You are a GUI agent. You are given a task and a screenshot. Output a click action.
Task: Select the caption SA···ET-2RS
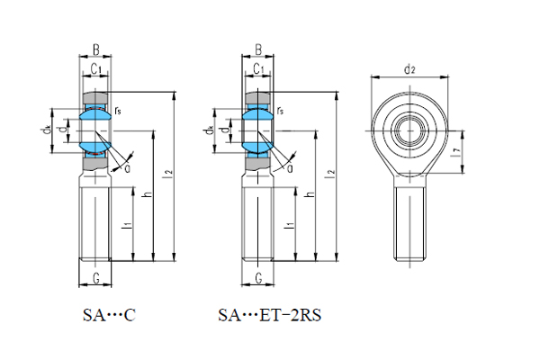point(269,316)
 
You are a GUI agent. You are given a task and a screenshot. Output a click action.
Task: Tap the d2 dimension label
point(409,69)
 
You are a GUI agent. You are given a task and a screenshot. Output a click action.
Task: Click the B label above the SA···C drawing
point(95,51)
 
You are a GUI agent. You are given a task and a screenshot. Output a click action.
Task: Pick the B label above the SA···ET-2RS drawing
point(258,51)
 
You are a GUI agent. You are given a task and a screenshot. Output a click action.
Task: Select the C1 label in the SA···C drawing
point(94,68)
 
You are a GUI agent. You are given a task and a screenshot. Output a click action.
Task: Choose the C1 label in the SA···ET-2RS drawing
point(257,68)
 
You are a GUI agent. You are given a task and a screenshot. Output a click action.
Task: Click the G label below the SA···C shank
point(95,278)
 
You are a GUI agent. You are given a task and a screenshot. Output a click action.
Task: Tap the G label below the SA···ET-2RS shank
point(258,278)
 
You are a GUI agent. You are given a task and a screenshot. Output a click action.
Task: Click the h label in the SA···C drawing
point(148,193)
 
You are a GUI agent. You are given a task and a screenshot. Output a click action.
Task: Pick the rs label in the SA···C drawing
point(119,111)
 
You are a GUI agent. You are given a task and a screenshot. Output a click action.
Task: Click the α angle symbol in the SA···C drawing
point(127,166)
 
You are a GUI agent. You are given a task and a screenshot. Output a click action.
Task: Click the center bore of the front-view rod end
point(409,127)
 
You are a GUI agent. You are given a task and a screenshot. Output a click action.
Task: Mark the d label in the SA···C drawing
point(61,130)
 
